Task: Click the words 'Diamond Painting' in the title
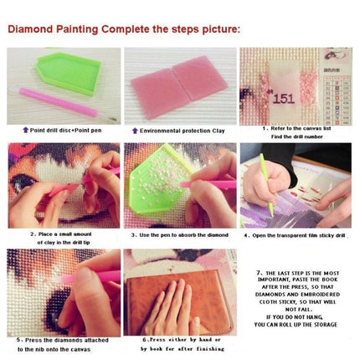point(54,28)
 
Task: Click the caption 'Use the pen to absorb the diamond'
point(179,235)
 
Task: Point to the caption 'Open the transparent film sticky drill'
point(296,235)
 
